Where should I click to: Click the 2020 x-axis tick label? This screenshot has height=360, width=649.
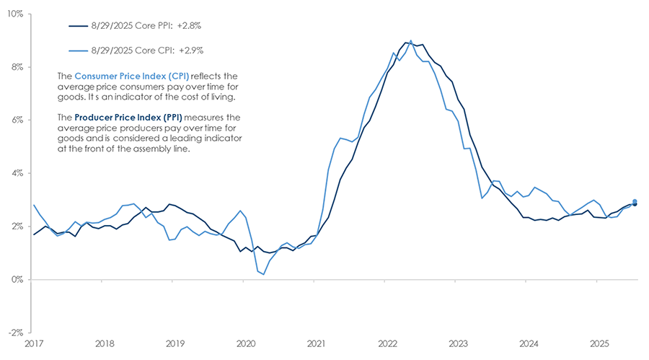tap(245, 344)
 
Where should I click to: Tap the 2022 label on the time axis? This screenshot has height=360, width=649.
tap(387, 344)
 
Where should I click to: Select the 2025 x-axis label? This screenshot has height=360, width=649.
tap(599, 344)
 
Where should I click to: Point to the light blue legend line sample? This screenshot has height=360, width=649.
tap(76, 52)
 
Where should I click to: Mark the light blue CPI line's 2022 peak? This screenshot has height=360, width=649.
tap(411, 40)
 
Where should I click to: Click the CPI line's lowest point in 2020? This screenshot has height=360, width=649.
tap(264, 274)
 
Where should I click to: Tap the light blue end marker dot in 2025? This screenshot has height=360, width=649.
tap(635, 201)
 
